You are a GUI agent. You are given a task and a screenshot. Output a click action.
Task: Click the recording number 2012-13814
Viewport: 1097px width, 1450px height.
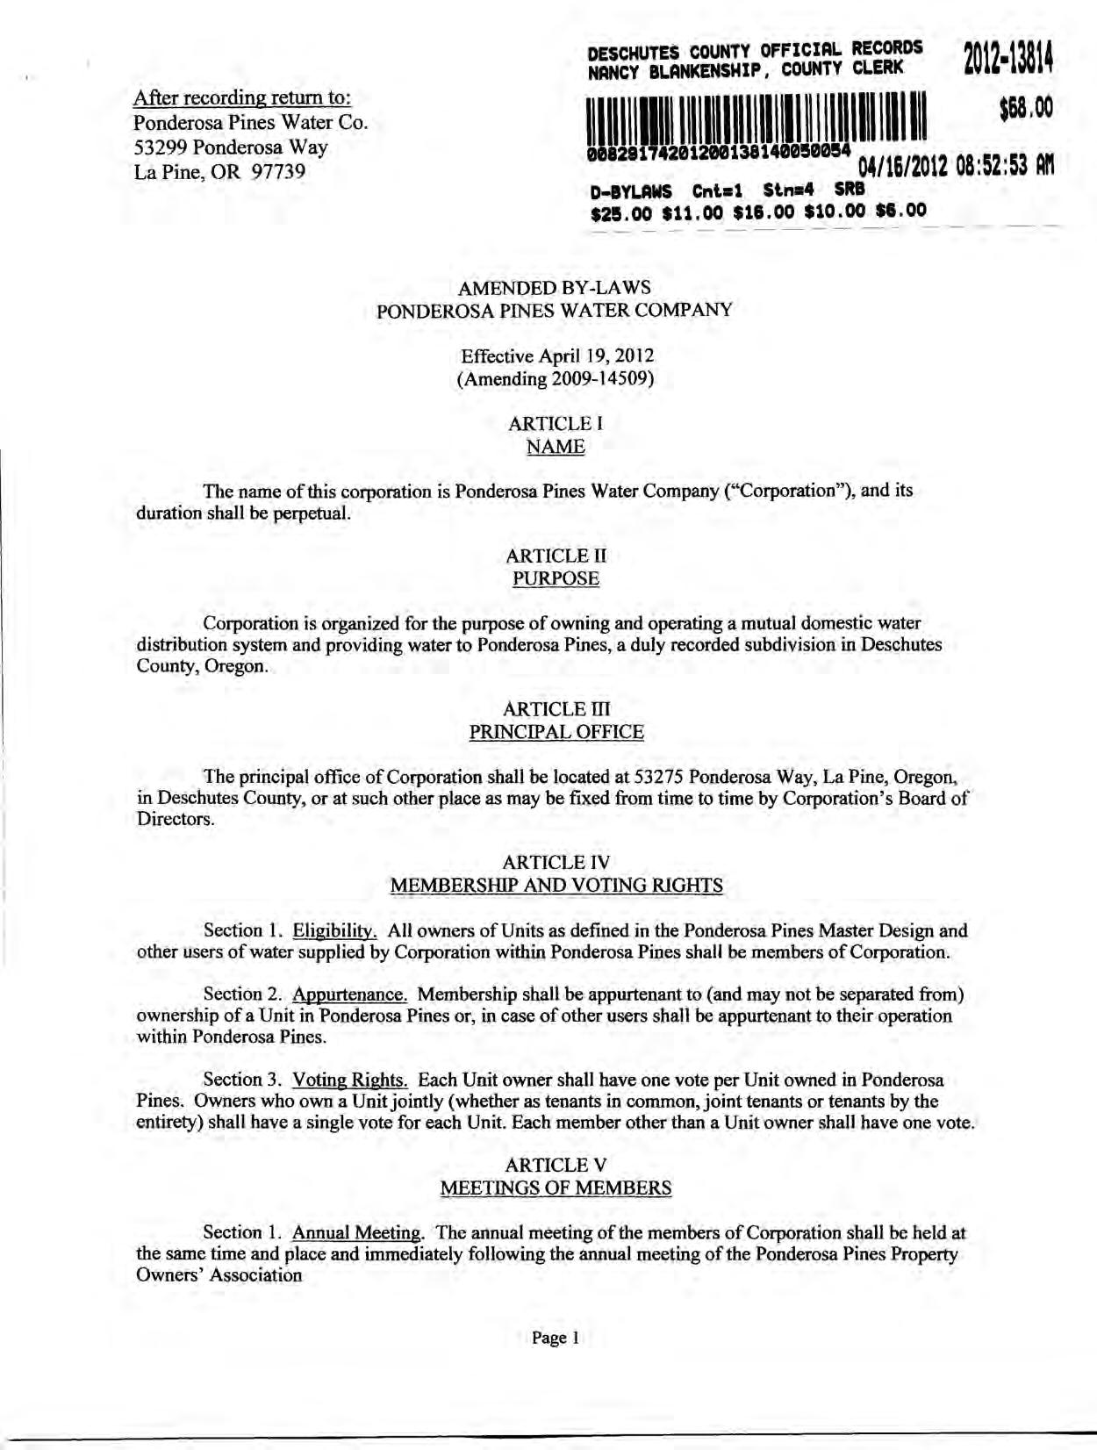tap(1007, 60)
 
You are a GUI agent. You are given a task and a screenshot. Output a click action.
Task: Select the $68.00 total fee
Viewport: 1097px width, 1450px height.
tap(1024, 109)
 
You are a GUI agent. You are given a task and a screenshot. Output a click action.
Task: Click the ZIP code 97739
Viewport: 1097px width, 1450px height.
tap(278, 171)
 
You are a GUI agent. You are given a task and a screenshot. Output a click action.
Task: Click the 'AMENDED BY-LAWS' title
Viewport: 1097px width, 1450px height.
tap(555, 288)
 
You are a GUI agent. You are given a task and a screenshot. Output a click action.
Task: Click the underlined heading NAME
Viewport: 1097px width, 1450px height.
tap(556, 447)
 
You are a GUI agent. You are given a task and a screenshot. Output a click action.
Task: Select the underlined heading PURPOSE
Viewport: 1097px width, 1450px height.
tap(556, 578)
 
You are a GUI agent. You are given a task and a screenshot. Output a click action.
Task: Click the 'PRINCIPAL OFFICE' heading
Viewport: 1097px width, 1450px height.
tap(556, 732)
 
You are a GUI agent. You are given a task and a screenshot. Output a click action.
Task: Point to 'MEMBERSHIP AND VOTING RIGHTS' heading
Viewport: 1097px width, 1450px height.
tap(556, 886)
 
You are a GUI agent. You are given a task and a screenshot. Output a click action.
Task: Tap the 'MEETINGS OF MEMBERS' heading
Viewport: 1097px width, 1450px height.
tap(556, 1188)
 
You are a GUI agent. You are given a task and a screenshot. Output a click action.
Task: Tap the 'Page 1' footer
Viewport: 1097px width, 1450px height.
tap(556, 1338)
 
